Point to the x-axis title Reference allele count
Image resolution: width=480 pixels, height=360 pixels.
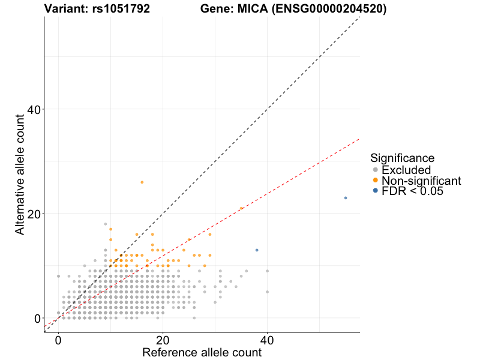tap(202, 352)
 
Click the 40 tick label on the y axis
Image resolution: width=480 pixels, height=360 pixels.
tap(34, 109)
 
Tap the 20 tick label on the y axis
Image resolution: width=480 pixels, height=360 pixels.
tap(34, 214)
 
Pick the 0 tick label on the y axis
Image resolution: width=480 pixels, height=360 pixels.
tap(37, 318)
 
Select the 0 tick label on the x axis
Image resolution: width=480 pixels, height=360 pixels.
tap(58, 339)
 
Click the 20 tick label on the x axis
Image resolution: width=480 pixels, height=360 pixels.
tap(163, 339)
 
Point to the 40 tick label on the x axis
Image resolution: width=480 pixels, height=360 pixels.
tap(268, 339)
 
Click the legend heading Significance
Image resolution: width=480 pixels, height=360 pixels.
tap(402, 158)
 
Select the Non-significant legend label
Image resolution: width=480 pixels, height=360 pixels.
tap(421, 181)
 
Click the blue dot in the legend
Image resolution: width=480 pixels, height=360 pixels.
tap(376, 191)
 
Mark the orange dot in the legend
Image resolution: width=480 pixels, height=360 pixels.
tap(376, 180)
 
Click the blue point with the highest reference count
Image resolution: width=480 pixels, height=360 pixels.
tap(346, 198)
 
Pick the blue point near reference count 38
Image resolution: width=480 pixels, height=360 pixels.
tap(257, 250)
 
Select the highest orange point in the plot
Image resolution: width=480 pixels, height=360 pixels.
tap(142, 182)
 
